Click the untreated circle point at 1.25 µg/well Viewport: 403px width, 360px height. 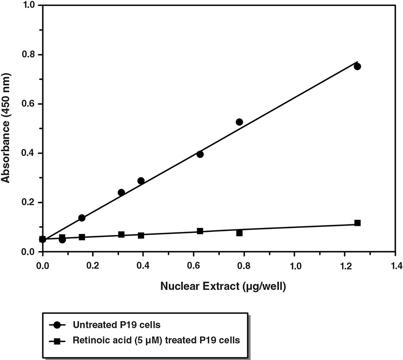coord(357,67)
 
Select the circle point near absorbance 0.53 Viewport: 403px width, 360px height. coord(239,122)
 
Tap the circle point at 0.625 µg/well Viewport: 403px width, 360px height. coord(200,154)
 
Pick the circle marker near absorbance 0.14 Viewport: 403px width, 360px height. coord(82,218)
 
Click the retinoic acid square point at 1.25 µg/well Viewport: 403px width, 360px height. coord(357,223)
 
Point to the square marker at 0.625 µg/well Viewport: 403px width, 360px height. coord(200,231)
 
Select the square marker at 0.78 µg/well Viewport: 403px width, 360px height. coord(239,233)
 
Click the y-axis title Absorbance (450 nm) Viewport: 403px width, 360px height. coord(7,129)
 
